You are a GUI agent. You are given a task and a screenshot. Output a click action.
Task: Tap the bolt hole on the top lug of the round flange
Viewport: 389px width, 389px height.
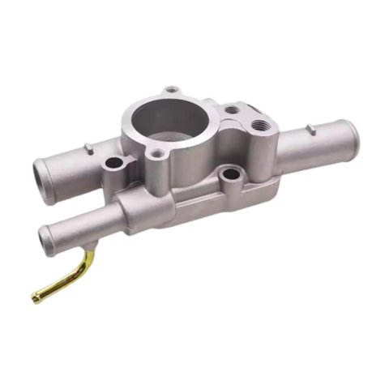point(170,90)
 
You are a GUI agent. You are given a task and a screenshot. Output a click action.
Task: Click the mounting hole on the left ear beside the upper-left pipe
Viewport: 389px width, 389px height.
point(113,165)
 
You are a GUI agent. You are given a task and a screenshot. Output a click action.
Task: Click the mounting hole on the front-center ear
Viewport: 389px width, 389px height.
point(231,173)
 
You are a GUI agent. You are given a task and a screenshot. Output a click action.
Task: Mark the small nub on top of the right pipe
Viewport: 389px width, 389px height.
point(309,127)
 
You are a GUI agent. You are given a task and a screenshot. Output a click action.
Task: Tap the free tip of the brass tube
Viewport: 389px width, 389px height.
point(36,298)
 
